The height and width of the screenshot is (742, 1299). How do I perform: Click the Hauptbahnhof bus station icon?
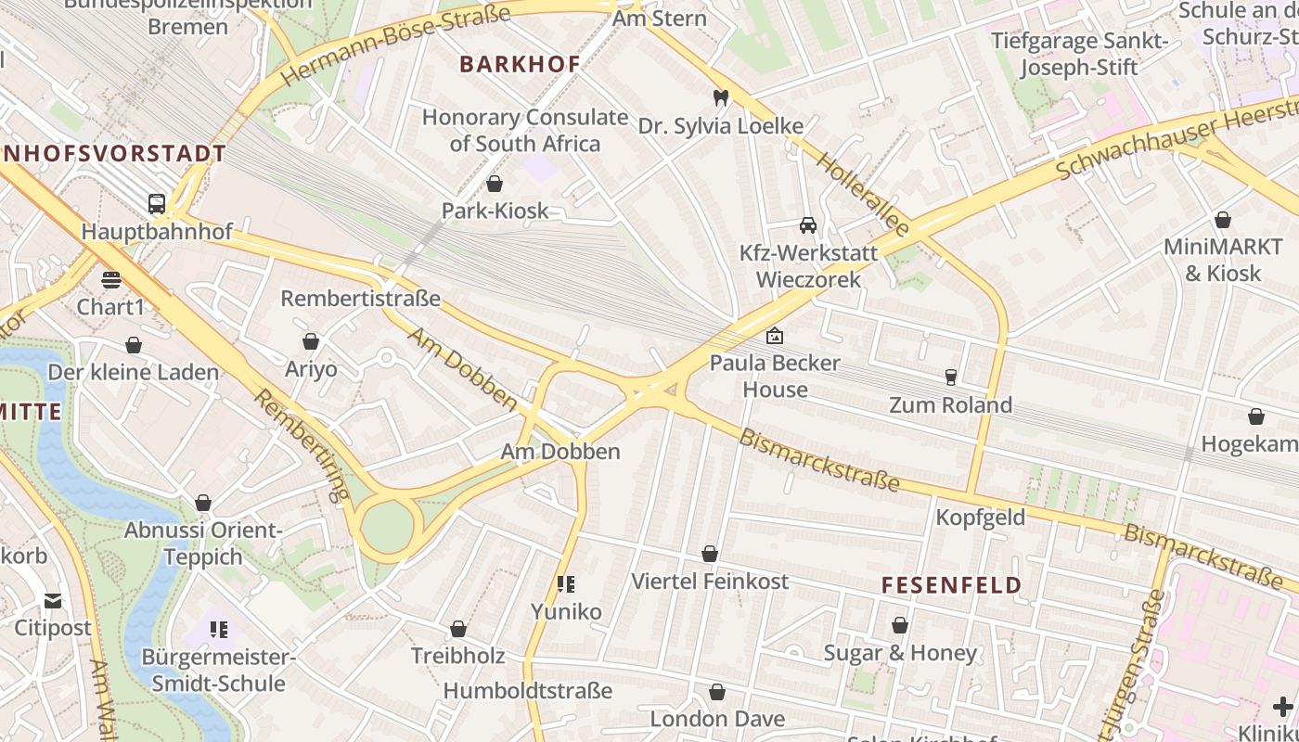(157, 203)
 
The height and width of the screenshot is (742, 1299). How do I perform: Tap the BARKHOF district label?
(520, 64)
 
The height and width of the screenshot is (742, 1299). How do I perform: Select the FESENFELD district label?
(951, 585)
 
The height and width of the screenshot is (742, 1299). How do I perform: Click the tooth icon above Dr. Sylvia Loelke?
(720, 97)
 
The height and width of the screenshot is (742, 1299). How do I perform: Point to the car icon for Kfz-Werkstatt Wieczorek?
(808, 225)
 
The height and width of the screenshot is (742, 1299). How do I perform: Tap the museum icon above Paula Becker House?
(774, 336)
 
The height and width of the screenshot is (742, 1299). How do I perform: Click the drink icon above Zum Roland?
(950, 377)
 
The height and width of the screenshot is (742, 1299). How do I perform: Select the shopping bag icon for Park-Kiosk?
(495, 184)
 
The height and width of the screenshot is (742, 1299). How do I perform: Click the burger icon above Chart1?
(111, 279)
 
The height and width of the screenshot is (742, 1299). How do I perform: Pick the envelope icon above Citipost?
(53, 601)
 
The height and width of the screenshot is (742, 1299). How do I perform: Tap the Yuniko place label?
(566, 611)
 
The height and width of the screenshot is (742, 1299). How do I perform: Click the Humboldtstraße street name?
(527, 691)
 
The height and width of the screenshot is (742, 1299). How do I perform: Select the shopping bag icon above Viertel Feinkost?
(710, 554)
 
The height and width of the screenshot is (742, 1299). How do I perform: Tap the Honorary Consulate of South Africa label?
(525, 130)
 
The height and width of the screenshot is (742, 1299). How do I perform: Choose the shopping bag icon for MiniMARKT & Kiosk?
(1223, 220)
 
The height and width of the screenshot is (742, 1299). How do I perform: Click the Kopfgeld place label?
(980, 518)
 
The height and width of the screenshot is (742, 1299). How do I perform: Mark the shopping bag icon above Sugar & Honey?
(900, 625)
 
